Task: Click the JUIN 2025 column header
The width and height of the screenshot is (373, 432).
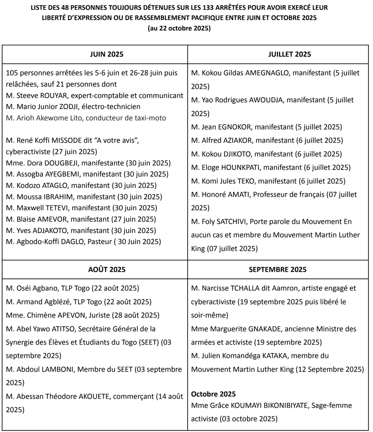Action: pyautogui.click(x=107, y=54)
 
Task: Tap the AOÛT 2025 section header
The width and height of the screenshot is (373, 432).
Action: pyautogui.click(x=107, y=269)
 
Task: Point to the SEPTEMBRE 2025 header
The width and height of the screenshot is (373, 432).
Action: pyautogui.click(x=278, y=269)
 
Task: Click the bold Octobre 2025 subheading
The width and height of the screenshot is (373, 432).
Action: pyautogui.click(x=213, y=394)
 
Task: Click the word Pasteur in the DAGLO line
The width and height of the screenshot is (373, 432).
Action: pyautogui.click(x=100, y=242)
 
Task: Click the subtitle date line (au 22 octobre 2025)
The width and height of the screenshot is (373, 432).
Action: pyautogui.click(x=179, y=28)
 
